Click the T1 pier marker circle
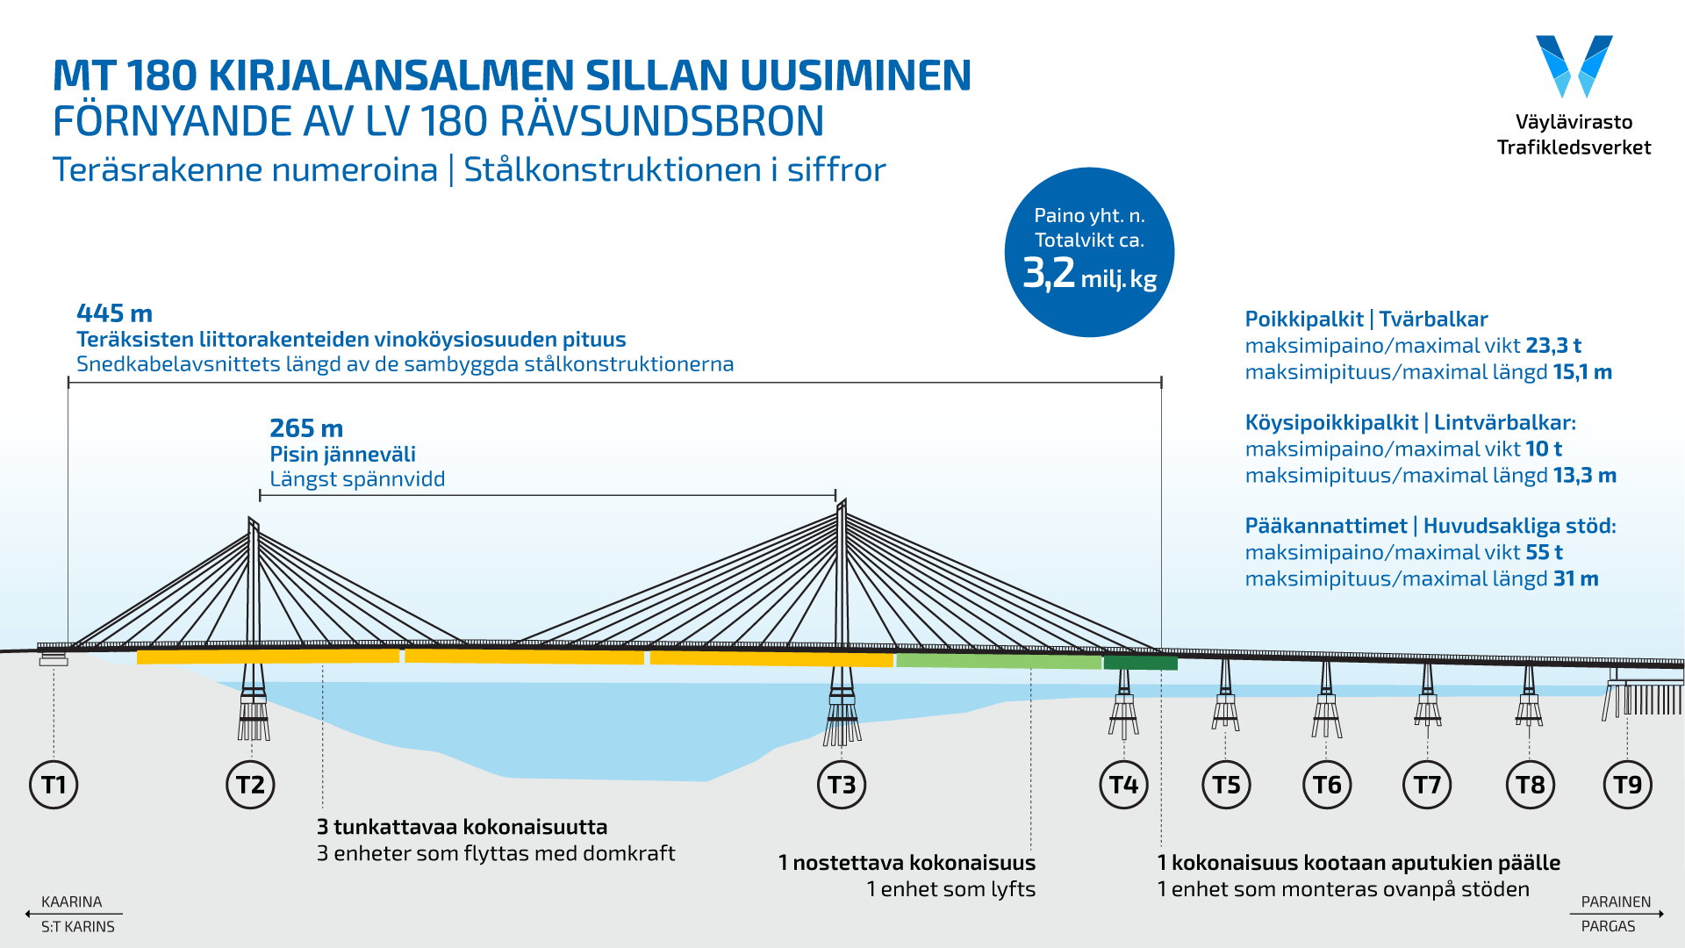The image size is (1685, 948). tap(54, 784)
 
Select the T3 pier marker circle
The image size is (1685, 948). tap(842, 784)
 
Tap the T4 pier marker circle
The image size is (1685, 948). tap(1123, 784)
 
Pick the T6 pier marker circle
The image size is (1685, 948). tap(1327, 784)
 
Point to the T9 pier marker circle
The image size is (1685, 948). tap(1628, 784)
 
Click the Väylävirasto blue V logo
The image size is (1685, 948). tap(1574, 66)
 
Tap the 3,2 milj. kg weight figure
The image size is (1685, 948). tap(1089, 274)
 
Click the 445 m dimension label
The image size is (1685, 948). tap(114, 313)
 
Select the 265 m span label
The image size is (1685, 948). tap(306, 428)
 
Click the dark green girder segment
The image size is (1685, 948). tap(1140, 664)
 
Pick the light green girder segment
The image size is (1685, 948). tap(999, 661)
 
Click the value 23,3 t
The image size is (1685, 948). tap(1552, 346)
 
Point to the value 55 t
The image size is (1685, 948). tap(1544, 553)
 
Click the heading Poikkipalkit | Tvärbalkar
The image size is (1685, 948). tap(1366, 320)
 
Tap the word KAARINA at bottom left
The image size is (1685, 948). tap(72, 901)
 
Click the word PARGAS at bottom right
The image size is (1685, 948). tap(1608, 926)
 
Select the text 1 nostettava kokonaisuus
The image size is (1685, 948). tap(907, 863)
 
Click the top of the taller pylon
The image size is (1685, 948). tap(842, 503)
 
